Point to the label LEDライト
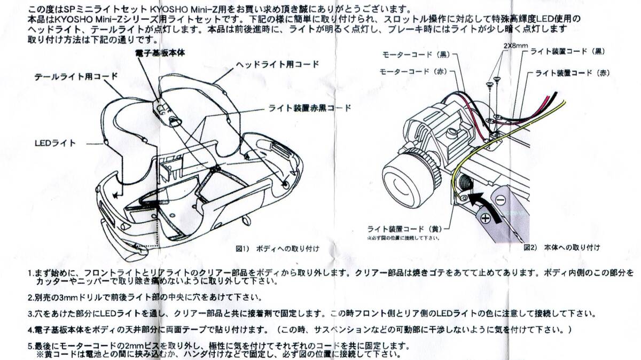56,143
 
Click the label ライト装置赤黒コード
310,107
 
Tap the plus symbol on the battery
486,218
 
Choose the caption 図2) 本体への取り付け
561,247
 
